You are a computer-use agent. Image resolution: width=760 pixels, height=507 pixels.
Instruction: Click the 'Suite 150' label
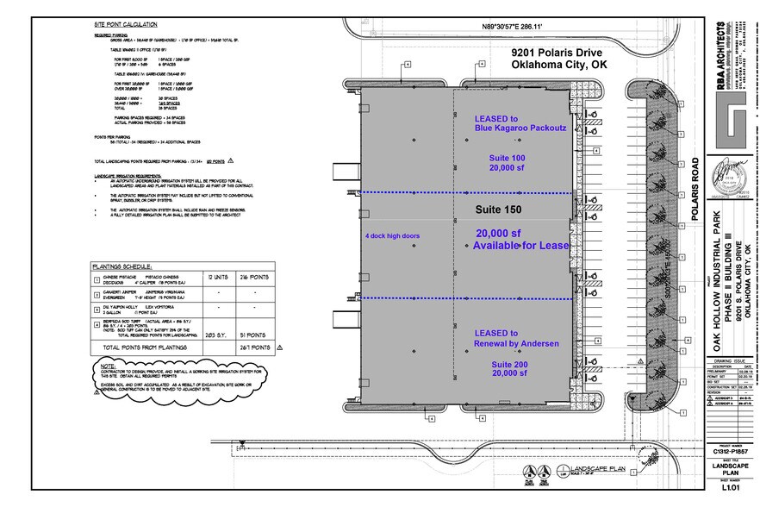(501, 210)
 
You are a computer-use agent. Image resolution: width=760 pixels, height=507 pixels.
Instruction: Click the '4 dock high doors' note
(393, 234)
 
